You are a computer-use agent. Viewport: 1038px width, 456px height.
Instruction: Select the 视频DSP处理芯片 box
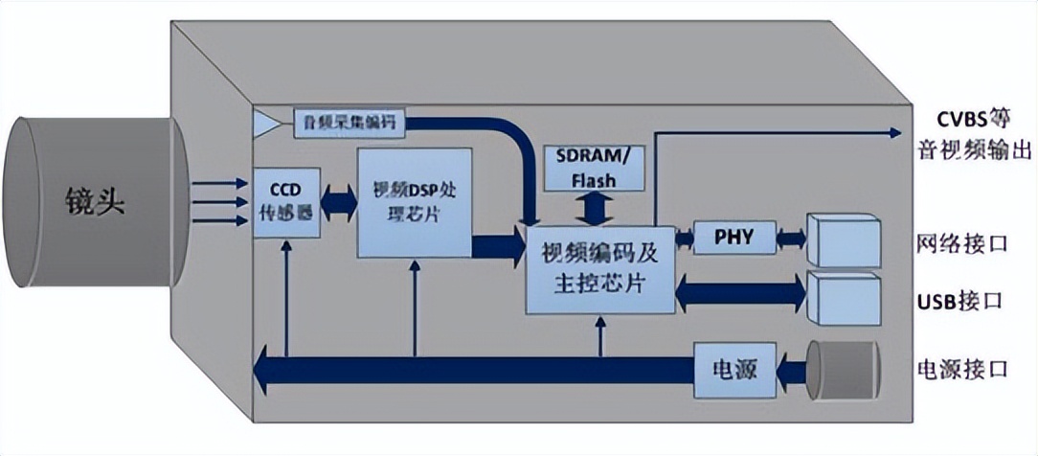click(x=415, y=202)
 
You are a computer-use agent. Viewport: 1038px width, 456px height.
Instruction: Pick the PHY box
click(x=733, y=235)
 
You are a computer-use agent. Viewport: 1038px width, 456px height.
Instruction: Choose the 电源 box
click(x=734, y=368)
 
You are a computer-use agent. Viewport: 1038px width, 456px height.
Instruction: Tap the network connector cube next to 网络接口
click(x=843, y=239)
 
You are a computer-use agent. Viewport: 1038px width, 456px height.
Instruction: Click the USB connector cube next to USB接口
click(x=843, y=297)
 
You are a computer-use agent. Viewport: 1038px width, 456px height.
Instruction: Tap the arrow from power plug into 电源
click(x=791, y=368)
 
